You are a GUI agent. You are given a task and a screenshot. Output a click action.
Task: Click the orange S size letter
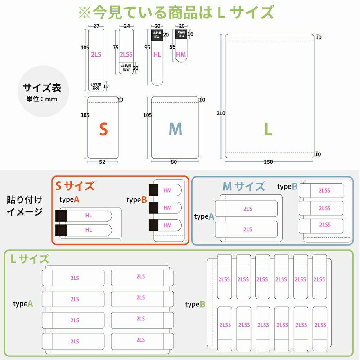coord(103,130)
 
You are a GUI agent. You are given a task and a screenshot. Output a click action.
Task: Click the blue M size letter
coord(175,130)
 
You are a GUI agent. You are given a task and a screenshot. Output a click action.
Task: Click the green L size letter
coord(268,130)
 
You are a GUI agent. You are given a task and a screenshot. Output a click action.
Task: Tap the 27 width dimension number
coord(96,26)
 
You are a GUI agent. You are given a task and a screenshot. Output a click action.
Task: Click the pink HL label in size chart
coord(157,55)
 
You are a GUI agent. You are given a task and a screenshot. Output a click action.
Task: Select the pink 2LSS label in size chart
coord(126,55)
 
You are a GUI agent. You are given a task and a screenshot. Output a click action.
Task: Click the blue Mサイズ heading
coord(243,186)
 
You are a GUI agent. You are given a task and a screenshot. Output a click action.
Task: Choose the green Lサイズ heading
coord(30,259)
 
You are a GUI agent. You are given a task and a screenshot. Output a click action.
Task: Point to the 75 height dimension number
coord(116,47)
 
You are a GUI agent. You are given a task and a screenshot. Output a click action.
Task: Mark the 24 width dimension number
coord(126,26)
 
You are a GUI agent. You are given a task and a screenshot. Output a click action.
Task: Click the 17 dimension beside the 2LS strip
coord(106,86)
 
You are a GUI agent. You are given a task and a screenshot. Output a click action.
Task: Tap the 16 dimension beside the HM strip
coord(190,34)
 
